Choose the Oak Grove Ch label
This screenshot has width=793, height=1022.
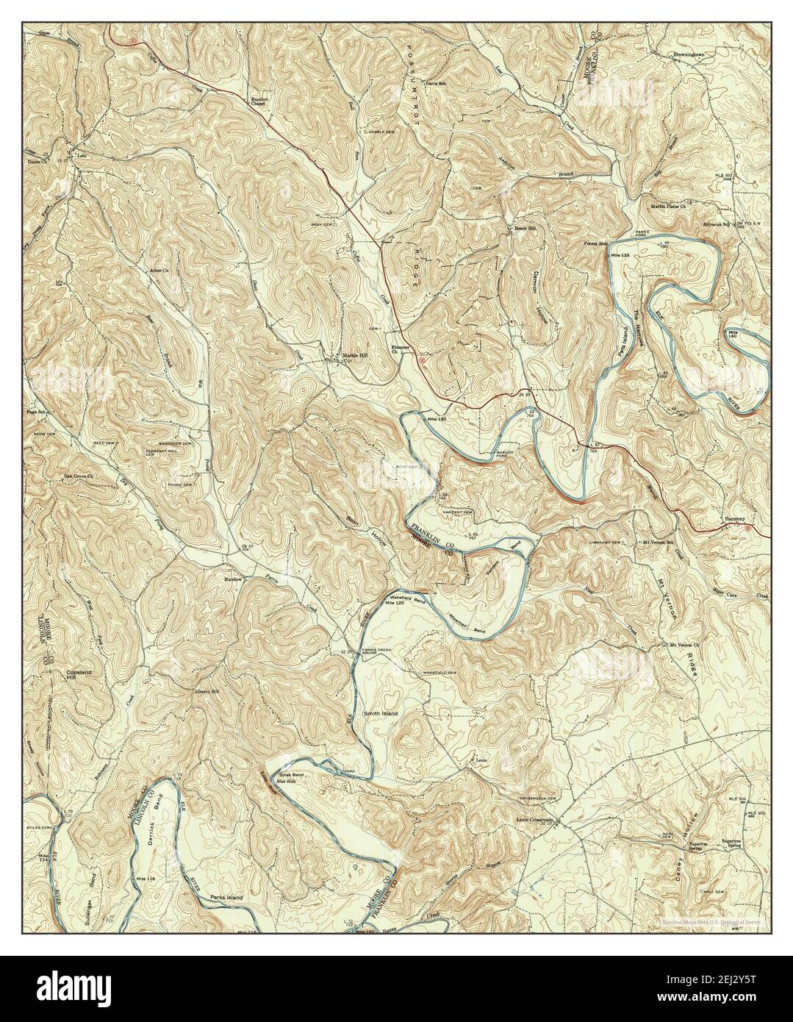(81, 476)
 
